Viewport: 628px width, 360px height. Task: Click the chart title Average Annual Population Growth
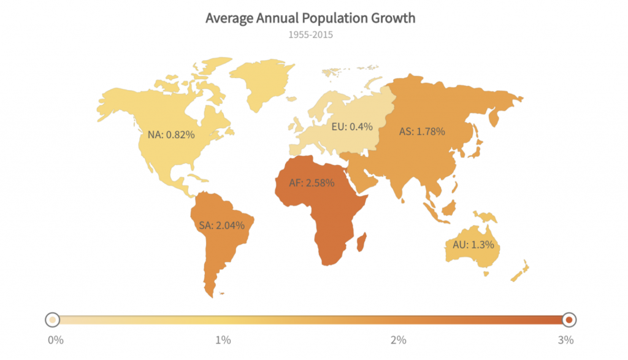tap(310, 18)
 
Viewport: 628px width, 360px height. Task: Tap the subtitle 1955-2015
tap(310, 35)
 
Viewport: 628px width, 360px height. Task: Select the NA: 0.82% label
tap(171, 134)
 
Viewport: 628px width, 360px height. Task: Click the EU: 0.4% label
tap(352, 128)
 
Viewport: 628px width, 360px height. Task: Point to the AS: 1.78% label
tap(422, 131)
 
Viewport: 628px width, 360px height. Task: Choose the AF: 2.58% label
tap(312, 182)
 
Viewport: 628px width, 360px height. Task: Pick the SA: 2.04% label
tap(221, 225)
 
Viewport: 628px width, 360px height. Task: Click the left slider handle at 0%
tap(53, 320)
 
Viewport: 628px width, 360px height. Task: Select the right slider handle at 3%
tap(569, 320)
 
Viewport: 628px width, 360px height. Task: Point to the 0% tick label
tap(55, 340)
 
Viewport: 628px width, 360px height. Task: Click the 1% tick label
tap(223, 340)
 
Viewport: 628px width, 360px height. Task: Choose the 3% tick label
tap(566, 340)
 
